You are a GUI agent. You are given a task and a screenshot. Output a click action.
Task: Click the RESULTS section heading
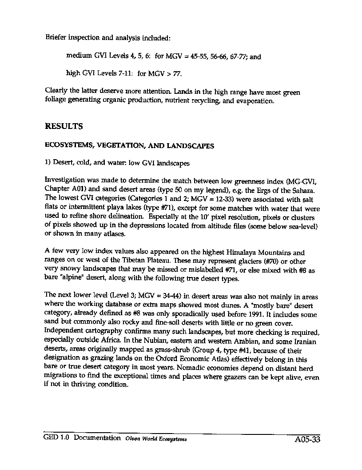tap(64, 126)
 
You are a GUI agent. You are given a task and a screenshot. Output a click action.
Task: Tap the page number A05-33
tap(307, 440)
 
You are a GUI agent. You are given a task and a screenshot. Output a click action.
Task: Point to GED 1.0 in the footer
tap(57, 438)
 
